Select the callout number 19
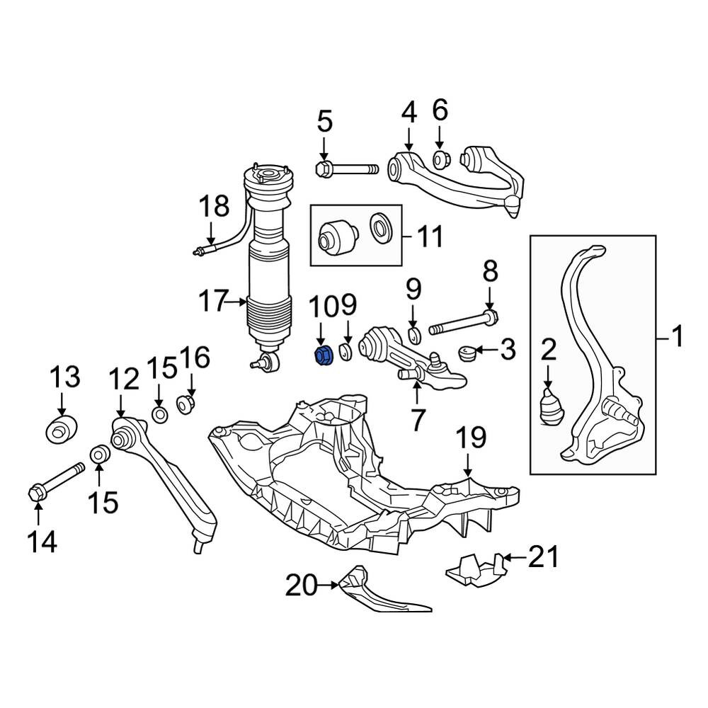point(471,437)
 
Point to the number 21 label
point(544,556)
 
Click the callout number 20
point(302,586)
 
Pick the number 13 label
point(65,377)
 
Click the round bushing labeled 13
point(62,430)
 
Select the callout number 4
point(409,113)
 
